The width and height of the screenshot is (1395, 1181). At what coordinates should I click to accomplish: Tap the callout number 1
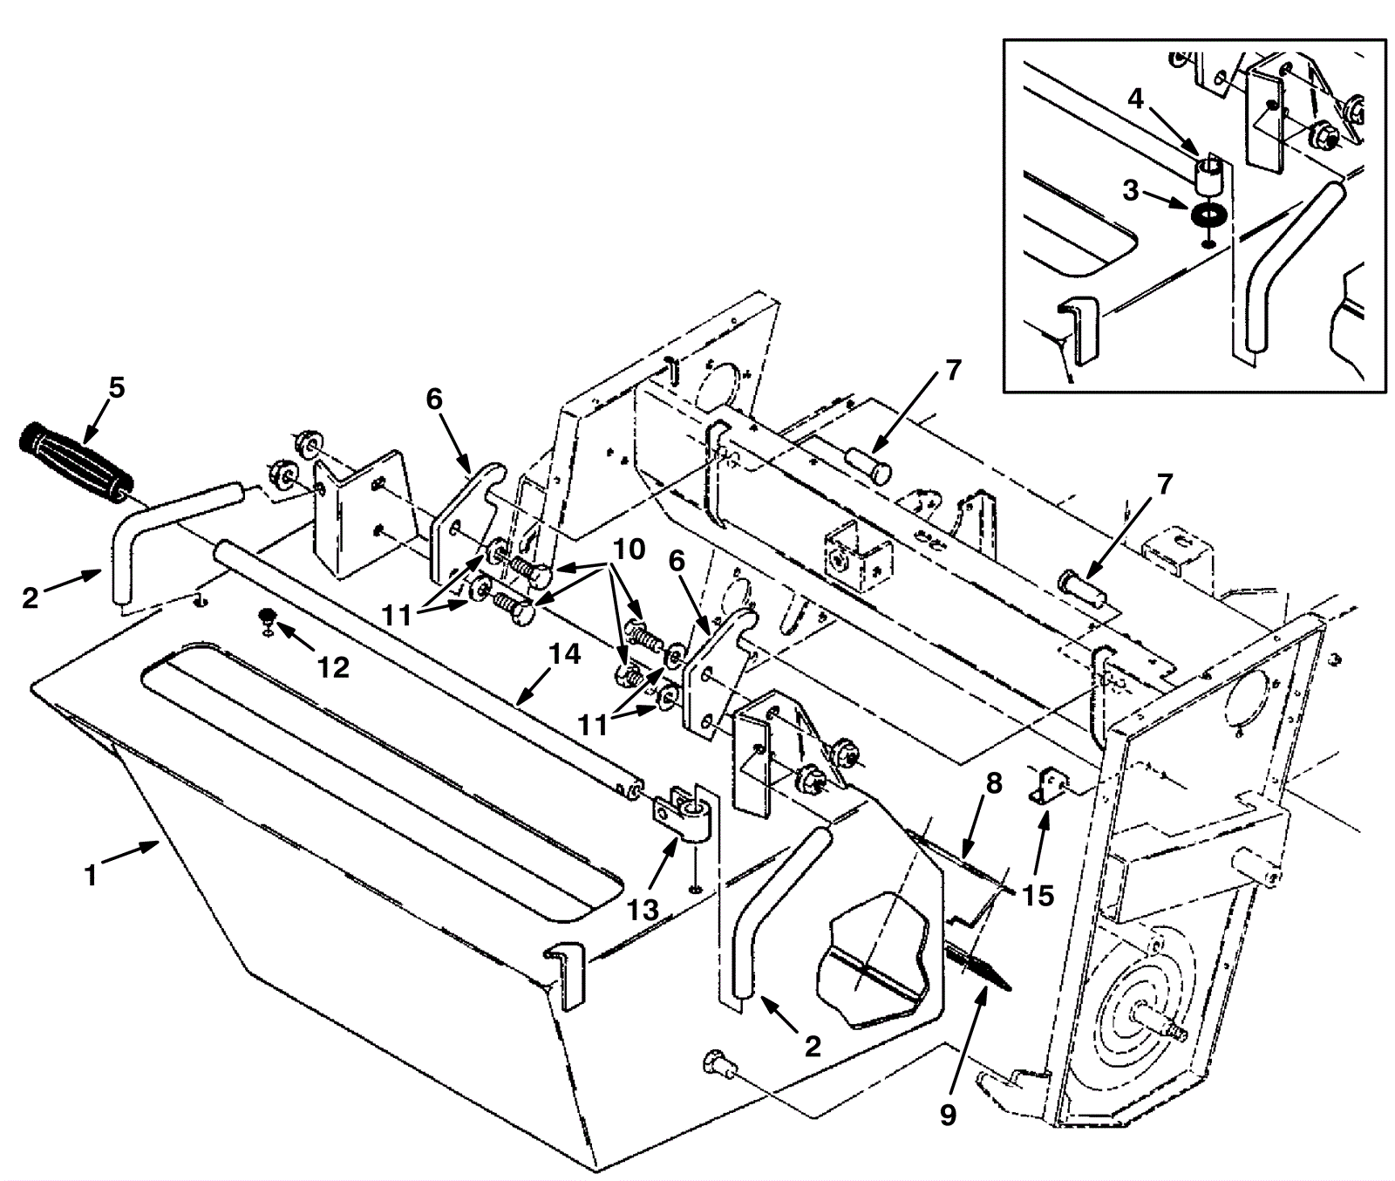[91, 875]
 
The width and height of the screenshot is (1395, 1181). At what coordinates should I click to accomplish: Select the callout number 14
[564, 654]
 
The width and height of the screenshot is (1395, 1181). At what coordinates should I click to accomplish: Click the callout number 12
[333, 667]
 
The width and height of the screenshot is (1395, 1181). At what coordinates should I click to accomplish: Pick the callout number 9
[949, 1114]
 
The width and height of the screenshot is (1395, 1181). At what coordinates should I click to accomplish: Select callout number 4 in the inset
[1134, 98]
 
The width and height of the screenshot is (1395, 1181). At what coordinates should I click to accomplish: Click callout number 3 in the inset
[1131, 190]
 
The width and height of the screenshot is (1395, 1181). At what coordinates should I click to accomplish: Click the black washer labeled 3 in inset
[1208, 213]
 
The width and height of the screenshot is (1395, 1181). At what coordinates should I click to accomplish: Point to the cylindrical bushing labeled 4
[1208, 174]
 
